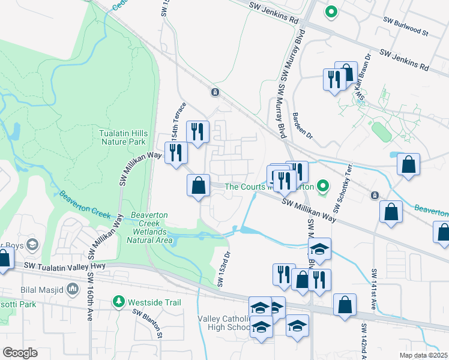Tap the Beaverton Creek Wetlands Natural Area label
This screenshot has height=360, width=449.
click(149, 227)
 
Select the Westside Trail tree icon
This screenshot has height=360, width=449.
click(119, 302)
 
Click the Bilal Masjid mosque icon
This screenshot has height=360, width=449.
click(73, 290)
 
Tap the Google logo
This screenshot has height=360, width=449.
click(20, 353)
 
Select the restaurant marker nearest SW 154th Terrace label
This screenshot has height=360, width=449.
click(197, 131)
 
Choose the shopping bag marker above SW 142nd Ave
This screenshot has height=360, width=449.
click(345, 304)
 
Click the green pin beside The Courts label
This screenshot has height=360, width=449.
click(324, 187)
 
